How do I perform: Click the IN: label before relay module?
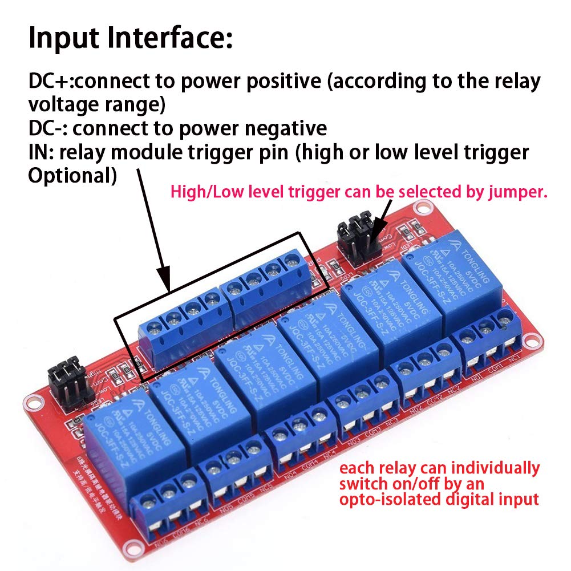pos(41,152)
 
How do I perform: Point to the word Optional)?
pos(72,176)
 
